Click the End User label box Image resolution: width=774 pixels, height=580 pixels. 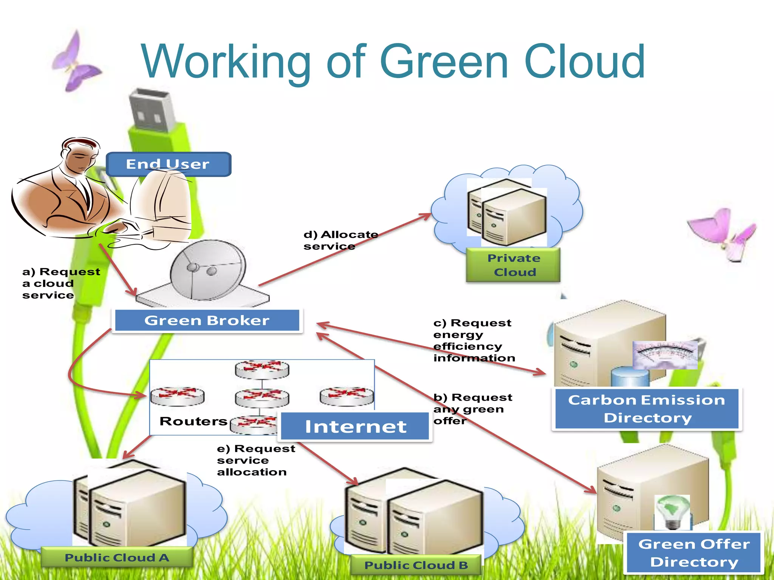(169, 164)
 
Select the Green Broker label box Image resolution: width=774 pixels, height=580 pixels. (207, 321)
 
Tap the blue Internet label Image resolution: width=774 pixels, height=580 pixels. (355, 427)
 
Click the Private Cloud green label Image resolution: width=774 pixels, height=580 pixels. (513, 265)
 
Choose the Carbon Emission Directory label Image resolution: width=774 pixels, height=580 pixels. (647, 409)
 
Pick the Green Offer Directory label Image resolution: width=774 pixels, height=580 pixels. (694, 553)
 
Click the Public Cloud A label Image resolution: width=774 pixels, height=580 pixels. (117, 558)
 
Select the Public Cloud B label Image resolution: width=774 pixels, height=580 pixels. (416, 565)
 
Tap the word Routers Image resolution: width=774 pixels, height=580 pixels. (193, 421)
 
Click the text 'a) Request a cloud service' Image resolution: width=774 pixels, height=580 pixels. (60, 283)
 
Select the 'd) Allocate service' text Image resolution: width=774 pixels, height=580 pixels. (340, 240)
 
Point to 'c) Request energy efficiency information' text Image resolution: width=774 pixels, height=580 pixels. (474, 340)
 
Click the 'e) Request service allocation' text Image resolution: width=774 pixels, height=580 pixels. (255, 460)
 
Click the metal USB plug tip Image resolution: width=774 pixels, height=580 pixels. (151, 110)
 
